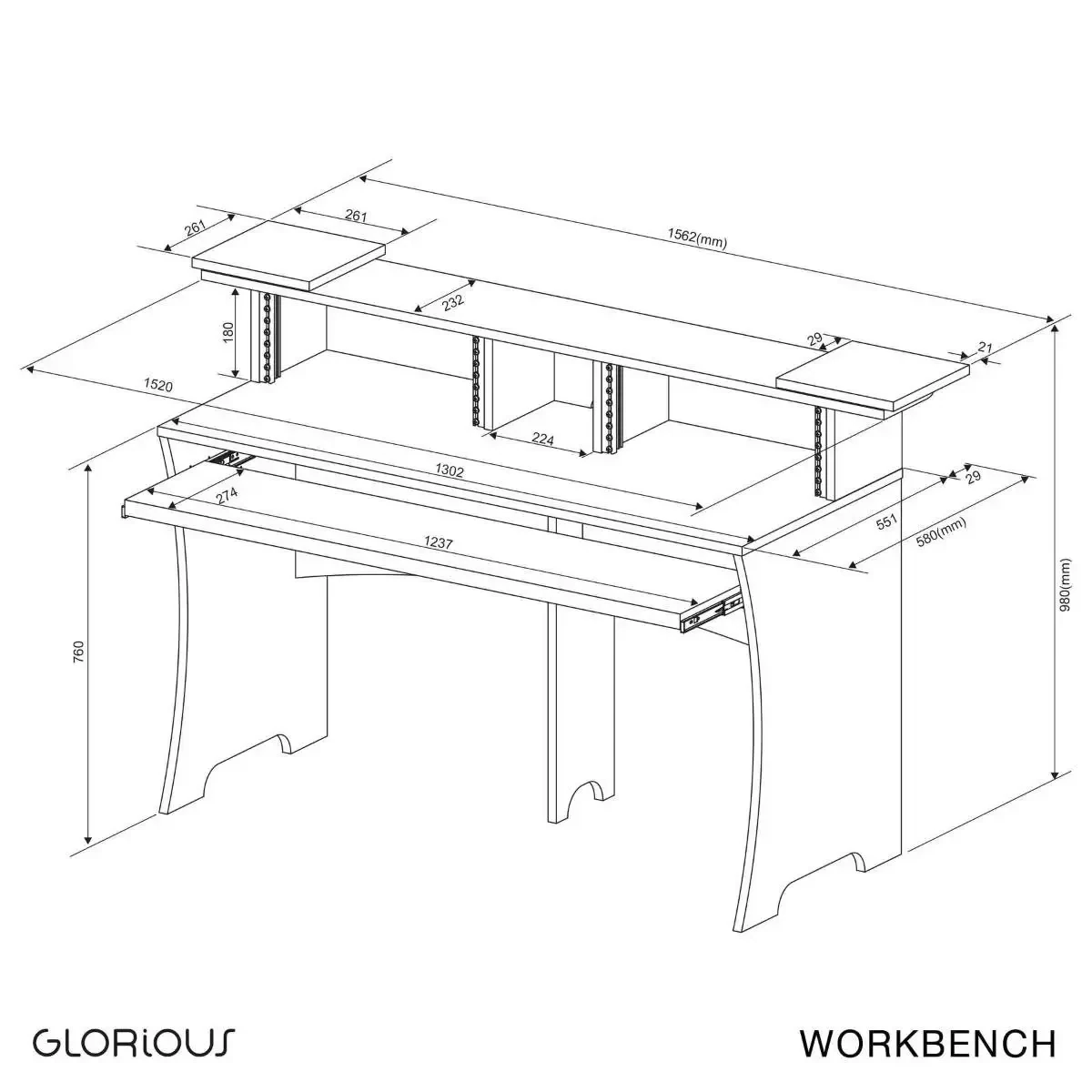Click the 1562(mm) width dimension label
[x=696, y=238]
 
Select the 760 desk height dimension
[x=79, y=652]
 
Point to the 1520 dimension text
[x=158, y=385]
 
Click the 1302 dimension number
[x=450, y=470]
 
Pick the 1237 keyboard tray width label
[x=439, y=542]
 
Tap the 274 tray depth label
[x=227, y=497]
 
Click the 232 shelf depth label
[x=453, y=301]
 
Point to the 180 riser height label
[x=228, y=332]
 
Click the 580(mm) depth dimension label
[x=941, y=532]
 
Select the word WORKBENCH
[x=927, y=1042]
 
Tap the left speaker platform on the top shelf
[x=289, y=255]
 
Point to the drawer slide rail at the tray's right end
[x=712, y=613]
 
